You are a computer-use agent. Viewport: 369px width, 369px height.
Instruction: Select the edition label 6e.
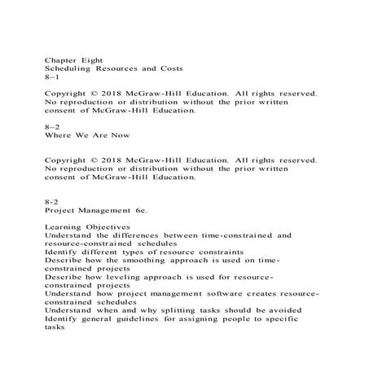click(x=139, y=207)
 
